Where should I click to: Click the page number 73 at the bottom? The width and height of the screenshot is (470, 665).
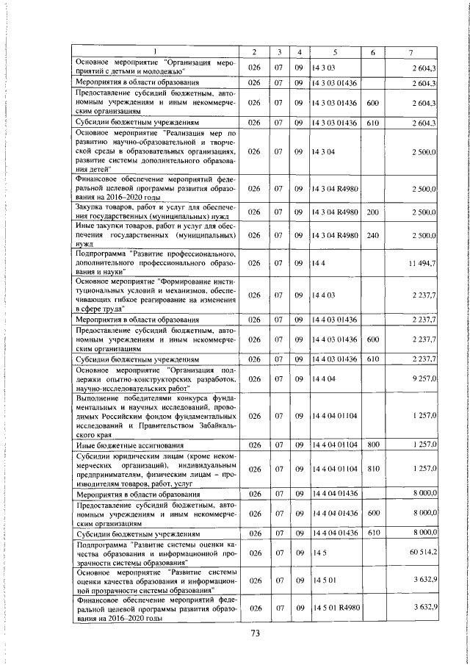[235, 633]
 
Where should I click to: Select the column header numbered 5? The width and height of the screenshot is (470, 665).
[334, 51]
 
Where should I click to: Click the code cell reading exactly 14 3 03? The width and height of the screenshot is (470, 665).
[324, 68]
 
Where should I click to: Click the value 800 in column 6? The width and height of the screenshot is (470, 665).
[372, 445]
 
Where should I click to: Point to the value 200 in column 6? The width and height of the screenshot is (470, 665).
[372, 212]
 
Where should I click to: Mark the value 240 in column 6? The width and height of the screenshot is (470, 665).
[372, 235]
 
